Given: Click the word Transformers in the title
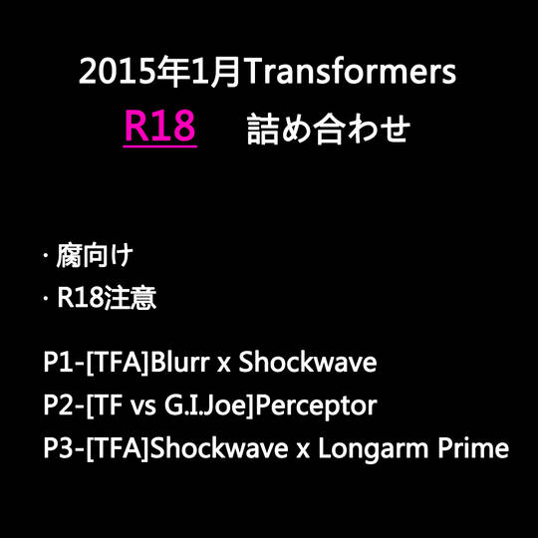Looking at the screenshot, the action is [351, 72].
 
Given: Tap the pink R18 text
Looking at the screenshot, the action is [159, 126].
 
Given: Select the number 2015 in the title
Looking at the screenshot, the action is [117, 72].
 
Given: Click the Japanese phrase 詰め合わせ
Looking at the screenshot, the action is [329, 129].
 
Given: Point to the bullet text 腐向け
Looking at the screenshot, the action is [95, 256].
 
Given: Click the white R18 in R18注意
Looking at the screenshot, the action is [80, 297].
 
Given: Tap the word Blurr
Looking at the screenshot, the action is [179, 363].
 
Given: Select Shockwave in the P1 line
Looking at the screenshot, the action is [308, 363].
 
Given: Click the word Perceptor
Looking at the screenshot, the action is [316, 406].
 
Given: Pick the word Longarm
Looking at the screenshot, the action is [374, 449].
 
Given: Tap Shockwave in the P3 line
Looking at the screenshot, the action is [219, 448].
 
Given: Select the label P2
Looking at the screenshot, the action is [58, 405].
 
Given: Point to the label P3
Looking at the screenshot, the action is [58, 448].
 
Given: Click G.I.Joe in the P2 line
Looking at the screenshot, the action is [207, 405].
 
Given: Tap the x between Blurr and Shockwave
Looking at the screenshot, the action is [224, 365].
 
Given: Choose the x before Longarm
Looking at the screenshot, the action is [303, 451].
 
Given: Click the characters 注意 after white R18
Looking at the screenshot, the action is [131, 297].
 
